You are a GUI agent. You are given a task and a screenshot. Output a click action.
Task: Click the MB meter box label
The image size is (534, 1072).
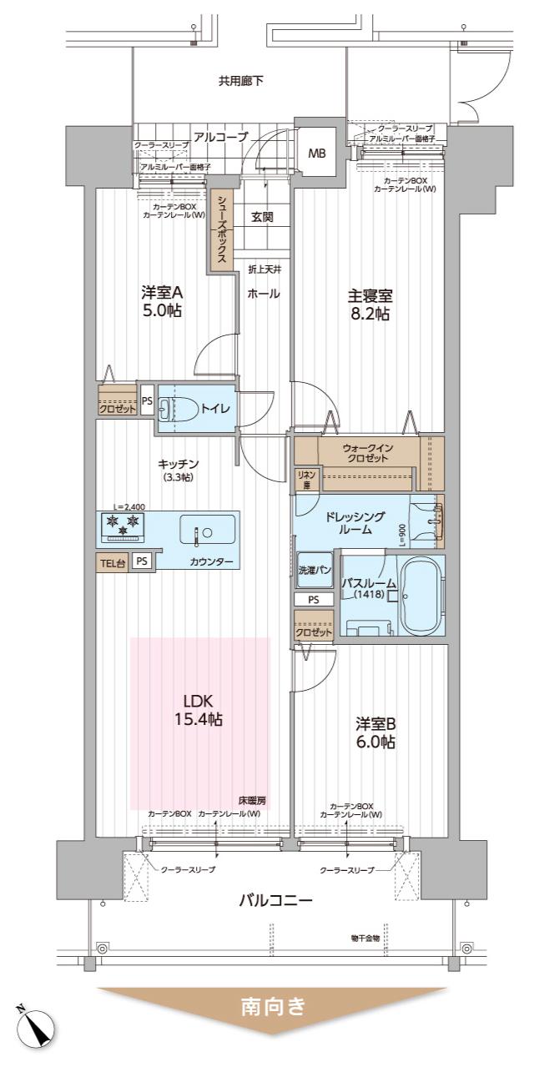click(x=318, y=154)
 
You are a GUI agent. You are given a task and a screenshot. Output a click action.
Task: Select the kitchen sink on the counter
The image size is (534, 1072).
click(x=208, y=530)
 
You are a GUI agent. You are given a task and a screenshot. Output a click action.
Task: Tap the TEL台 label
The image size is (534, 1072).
click(x=113, y=562)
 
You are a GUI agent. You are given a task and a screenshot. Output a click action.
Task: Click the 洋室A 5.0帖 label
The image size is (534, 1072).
click(x=161, y=301)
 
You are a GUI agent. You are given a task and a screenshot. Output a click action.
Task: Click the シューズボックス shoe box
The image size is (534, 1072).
click(x=222, y=229)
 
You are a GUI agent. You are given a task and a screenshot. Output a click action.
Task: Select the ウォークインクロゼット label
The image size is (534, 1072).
click(x=366, y=453)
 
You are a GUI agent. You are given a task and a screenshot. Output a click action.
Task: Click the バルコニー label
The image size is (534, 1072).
click(x=275, y=900)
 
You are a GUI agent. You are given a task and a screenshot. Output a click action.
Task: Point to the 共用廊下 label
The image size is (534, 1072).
click(x=241, y=81)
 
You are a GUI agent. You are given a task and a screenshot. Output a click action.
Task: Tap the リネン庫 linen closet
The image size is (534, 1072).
click(x=305, y=478)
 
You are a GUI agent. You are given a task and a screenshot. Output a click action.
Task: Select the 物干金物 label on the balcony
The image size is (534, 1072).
click(x=365, y=938)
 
